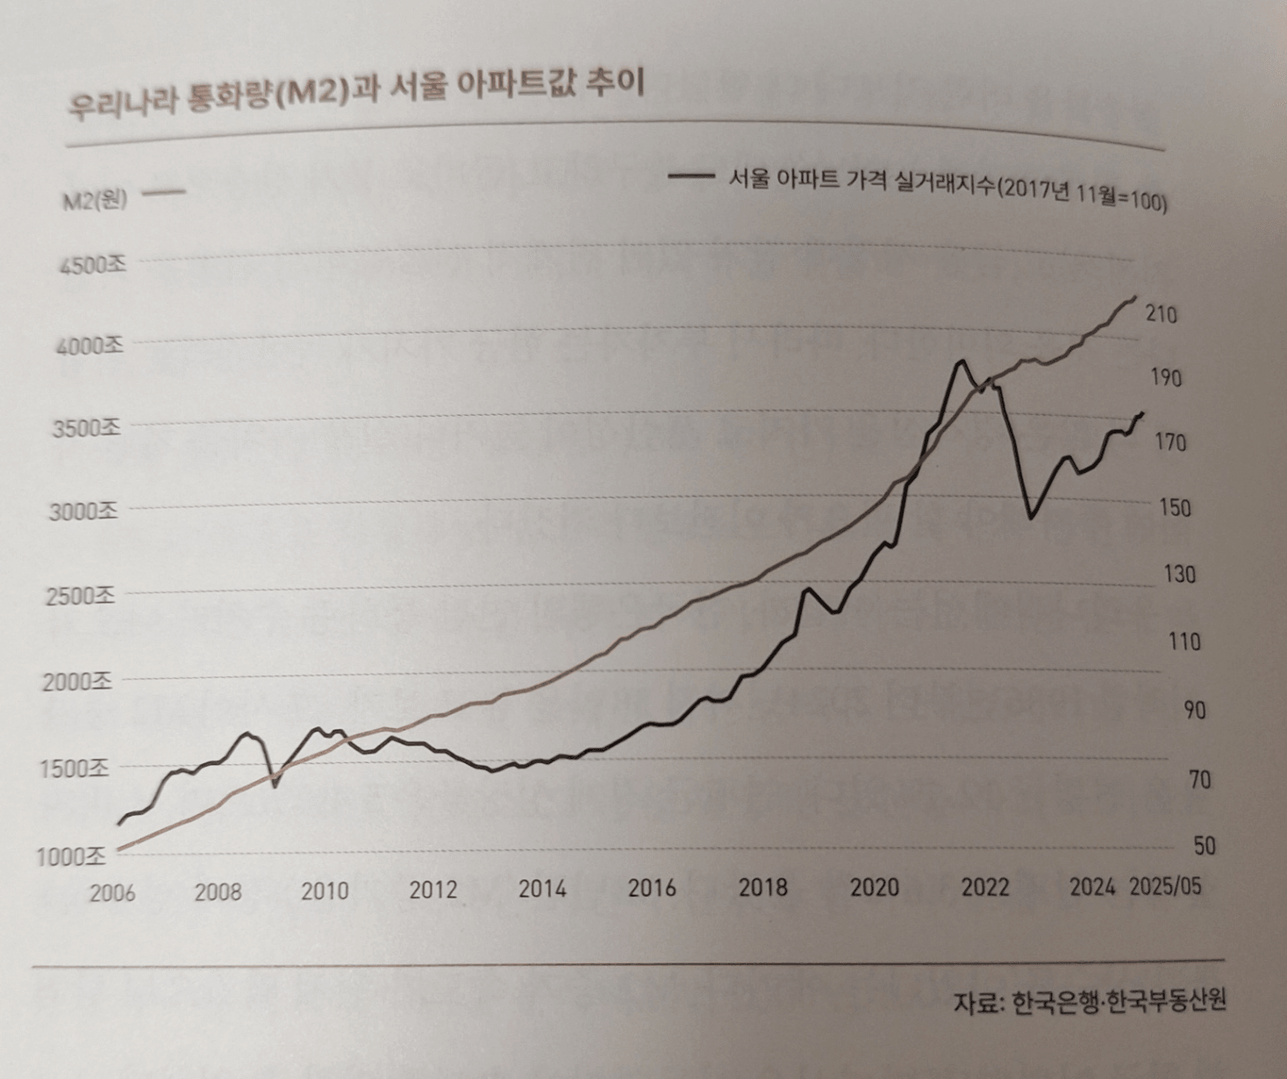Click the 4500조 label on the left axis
[92, 264]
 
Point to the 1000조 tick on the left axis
[70, 856]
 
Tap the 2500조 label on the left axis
[81, 596]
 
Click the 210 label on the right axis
[1161, 314]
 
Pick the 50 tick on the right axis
[1204, 846]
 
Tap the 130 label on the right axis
[1179, 575]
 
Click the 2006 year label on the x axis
[112, 893]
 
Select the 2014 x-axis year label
[542, 890]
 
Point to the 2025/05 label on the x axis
[1165, 886]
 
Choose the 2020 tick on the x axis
[874, 888]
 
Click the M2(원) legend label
[95, 201]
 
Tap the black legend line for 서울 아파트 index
[690, 176]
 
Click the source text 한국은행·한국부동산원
[1119, 1002]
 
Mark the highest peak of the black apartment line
[962, 361]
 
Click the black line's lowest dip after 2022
[1031, 518]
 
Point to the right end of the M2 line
[1135, 297]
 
